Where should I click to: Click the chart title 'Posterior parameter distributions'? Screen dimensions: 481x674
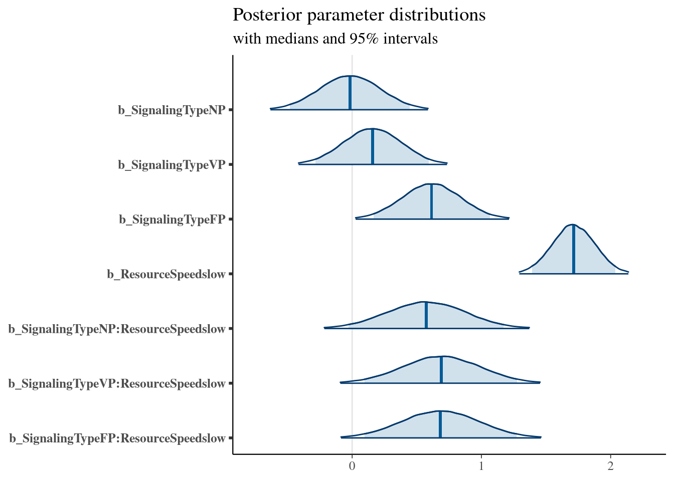click(x=359, y=15)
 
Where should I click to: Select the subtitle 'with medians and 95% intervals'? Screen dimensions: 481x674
click(x=335, y=39)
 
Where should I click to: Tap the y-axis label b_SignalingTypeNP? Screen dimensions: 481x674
click(x=172, y=110)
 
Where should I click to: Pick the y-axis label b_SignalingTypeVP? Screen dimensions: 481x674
click(x=172, y=165)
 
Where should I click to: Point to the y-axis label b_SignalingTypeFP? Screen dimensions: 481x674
click(x=172, y=219)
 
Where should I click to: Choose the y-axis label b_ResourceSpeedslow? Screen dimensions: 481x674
click(x=166, y=274)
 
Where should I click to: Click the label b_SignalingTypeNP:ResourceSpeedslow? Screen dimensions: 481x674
click(x=117, y=329)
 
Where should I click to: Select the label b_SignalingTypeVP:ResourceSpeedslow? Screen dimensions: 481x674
click(x=117, y=384)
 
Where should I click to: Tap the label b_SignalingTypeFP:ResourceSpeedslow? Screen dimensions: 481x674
click(x=117, y=438)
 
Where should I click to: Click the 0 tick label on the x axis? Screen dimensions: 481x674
click(x=352, y=466)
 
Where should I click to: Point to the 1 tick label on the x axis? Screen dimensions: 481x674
click(x=481, y=466)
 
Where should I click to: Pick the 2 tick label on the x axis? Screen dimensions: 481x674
click(x=610, y=466)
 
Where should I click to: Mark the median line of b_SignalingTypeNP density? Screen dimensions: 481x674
click(x=350, y=93)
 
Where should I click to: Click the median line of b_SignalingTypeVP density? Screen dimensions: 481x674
click(x=372, y=146)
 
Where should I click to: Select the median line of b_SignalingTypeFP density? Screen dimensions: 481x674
click(x=431, y=201)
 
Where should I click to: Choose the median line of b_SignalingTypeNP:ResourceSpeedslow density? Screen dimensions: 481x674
click(x=426, y=315)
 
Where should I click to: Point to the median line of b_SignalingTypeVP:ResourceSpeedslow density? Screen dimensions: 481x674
click(x=441, y=369)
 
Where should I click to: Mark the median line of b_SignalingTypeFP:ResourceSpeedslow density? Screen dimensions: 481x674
click(x=440, y=424)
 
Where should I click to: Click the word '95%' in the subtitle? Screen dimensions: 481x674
click(x=366, y=39)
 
